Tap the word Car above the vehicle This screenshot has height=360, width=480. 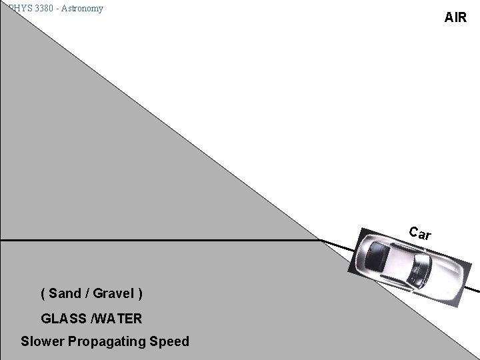[x=420, y=233]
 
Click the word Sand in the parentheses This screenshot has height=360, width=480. [x=65, y=293]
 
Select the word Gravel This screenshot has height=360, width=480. [x=113, y=293]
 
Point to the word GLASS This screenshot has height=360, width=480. [x=61, y=318]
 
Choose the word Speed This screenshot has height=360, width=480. [x=169, y=341]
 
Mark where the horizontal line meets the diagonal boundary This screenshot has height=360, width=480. [x=319, y=239]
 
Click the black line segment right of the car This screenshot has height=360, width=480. [x=471, y=289]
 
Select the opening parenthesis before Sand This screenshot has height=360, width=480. [x=43, y=293]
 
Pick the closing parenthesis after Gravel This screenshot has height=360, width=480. [x=139, y=293]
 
